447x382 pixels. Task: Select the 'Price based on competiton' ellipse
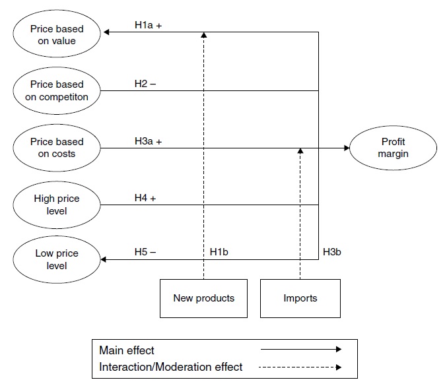[x=57, y=90]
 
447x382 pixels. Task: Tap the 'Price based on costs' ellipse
[x=57, y=148]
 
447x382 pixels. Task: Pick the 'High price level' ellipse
[x=57, y=204]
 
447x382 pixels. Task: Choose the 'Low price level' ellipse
[x=57, y=260]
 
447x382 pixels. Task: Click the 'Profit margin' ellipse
[x=393, y=148]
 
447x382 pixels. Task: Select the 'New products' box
[x=203, y=298]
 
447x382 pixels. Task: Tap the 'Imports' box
[x=300, y=298]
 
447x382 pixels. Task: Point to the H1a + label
[x=149, y=25]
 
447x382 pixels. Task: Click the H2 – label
[x=145, y=83]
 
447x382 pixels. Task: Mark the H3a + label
[x=149, y=141]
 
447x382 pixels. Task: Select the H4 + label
[x=145, y=197]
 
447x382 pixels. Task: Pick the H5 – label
[x=145, y=252]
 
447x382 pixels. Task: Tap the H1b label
[x=219, y=252]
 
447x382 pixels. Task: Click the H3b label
[x=331, y=252]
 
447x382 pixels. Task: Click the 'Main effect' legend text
[x=127, y=350]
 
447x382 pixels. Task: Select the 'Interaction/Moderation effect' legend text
[x=171, y=366]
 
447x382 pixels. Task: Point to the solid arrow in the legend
[x=300, y=350]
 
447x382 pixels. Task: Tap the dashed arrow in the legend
[x=300, y=367]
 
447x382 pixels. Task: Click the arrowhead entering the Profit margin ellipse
[x=346, y=148]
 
